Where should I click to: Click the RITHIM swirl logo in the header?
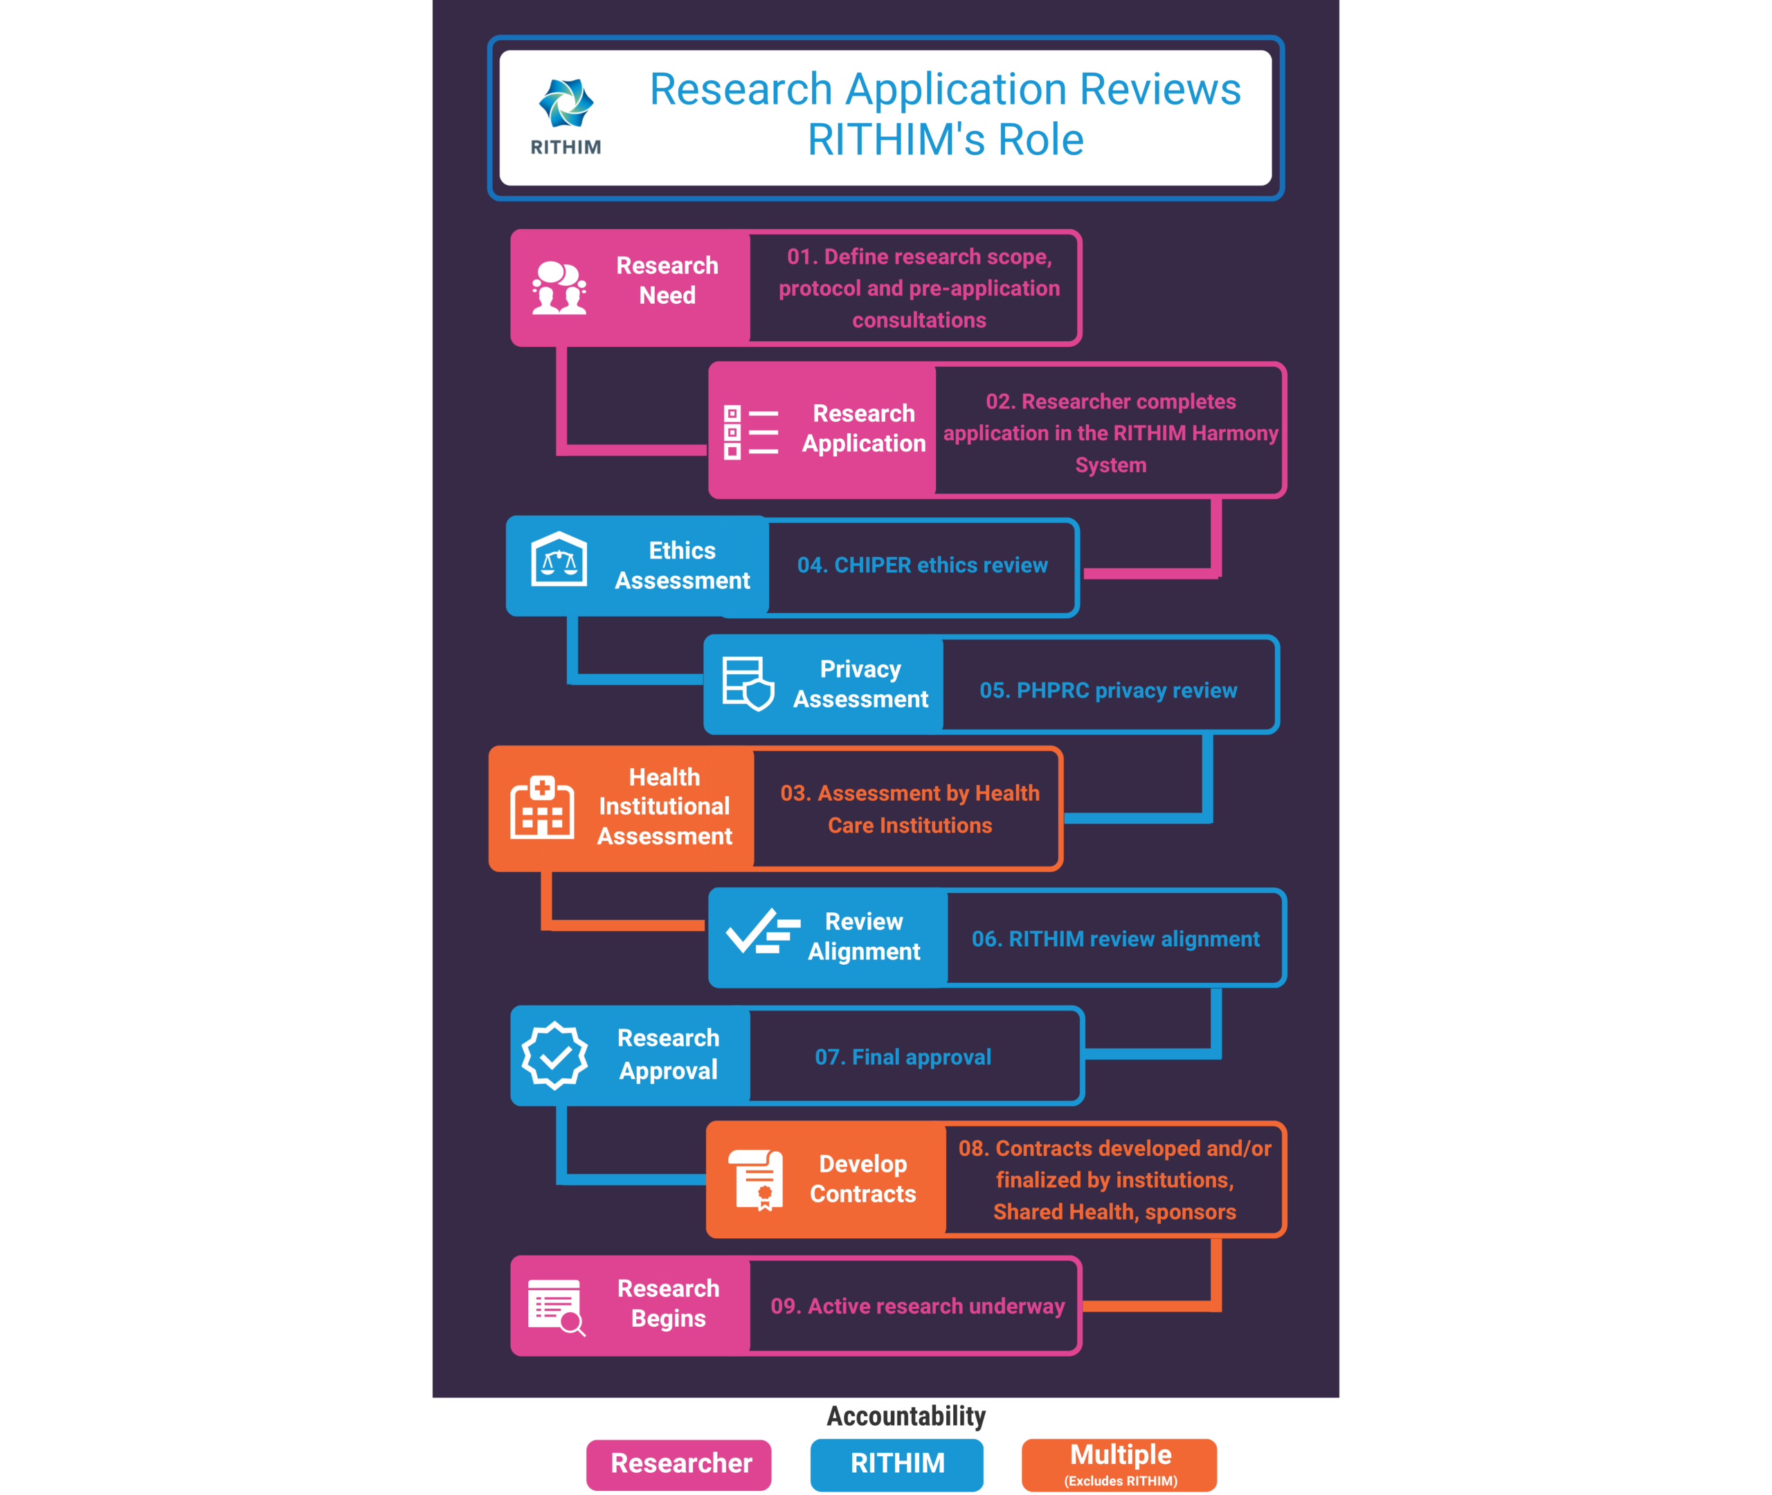pos(566,102)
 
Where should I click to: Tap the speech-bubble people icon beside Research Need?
pos(559,288)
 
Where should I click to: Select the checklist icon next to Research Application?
pos(751,432)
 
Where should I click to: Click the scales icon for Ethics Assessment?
pos(559,559)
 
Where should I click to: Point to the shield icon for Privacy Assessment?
pos(748,683)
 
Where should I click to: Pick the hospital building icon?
pos(543,807)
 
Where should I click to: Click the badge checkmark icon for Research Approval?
pos(554,1055)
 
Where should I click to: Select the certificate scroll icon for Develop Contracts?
pos(757,1179)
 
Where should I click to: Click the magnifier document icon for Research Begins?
pos(556,1307)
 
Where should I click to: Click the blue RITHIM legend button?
pos(896,1465)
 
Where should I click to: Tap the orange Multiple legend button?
pos(1119,1465)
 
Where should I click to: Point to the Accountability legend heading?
pos(906,1416)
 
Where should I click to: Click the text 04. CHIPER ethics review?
pos(922,565)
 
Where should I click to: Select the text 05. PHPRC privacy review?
pos(1108,691)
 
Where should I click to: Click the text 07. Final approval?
pos(903,1058)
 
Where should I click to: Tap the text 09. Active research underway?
pos(918,1306)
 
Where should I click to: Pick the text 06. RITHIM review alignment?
pos(1115,939)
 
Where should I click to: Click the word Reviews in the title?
pos(1160,90)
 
